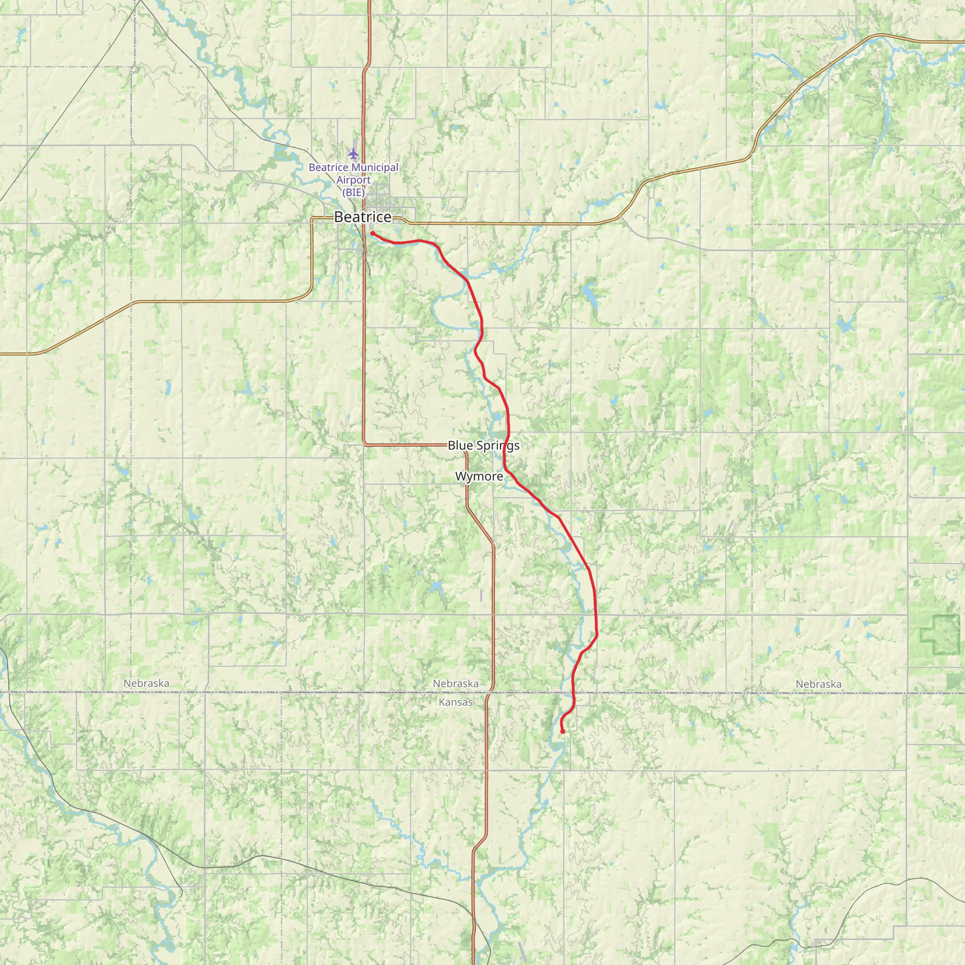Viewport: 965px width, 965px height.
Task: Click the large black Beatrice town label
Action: [363, 217]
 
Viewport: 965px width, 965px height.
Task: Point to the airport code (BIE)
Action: [353, 192]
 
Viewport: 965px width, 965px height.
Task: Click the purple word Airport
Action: [353, 180]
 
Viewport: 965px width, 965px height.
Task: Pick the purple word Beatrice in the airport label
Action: [327, 168]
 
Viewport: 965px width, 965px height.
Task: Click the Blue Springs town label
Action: [483, 446]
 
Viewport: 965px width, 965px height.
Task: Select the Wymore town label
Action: [479, 476]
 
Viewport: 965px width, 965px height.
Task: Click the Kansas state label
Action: [455, 702]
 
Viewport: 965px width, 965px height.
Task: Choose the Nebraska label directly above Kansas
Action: [456, 683]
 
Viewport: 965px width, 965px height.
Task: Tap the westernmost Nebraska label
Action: [147, 683]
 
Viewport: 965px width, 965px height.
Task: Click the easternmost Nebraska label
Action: [818, 684]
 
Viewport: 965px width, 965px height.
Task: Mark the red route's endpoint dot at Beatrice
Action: [373, 233]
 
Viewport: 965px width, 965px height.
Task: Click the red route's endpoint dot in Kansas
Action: [563, 732]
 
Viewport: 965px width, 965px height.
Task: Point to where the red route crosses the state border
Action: [572, 693]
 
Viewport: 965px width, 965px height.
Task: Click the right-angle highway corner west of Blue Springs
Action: [364, 443]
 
